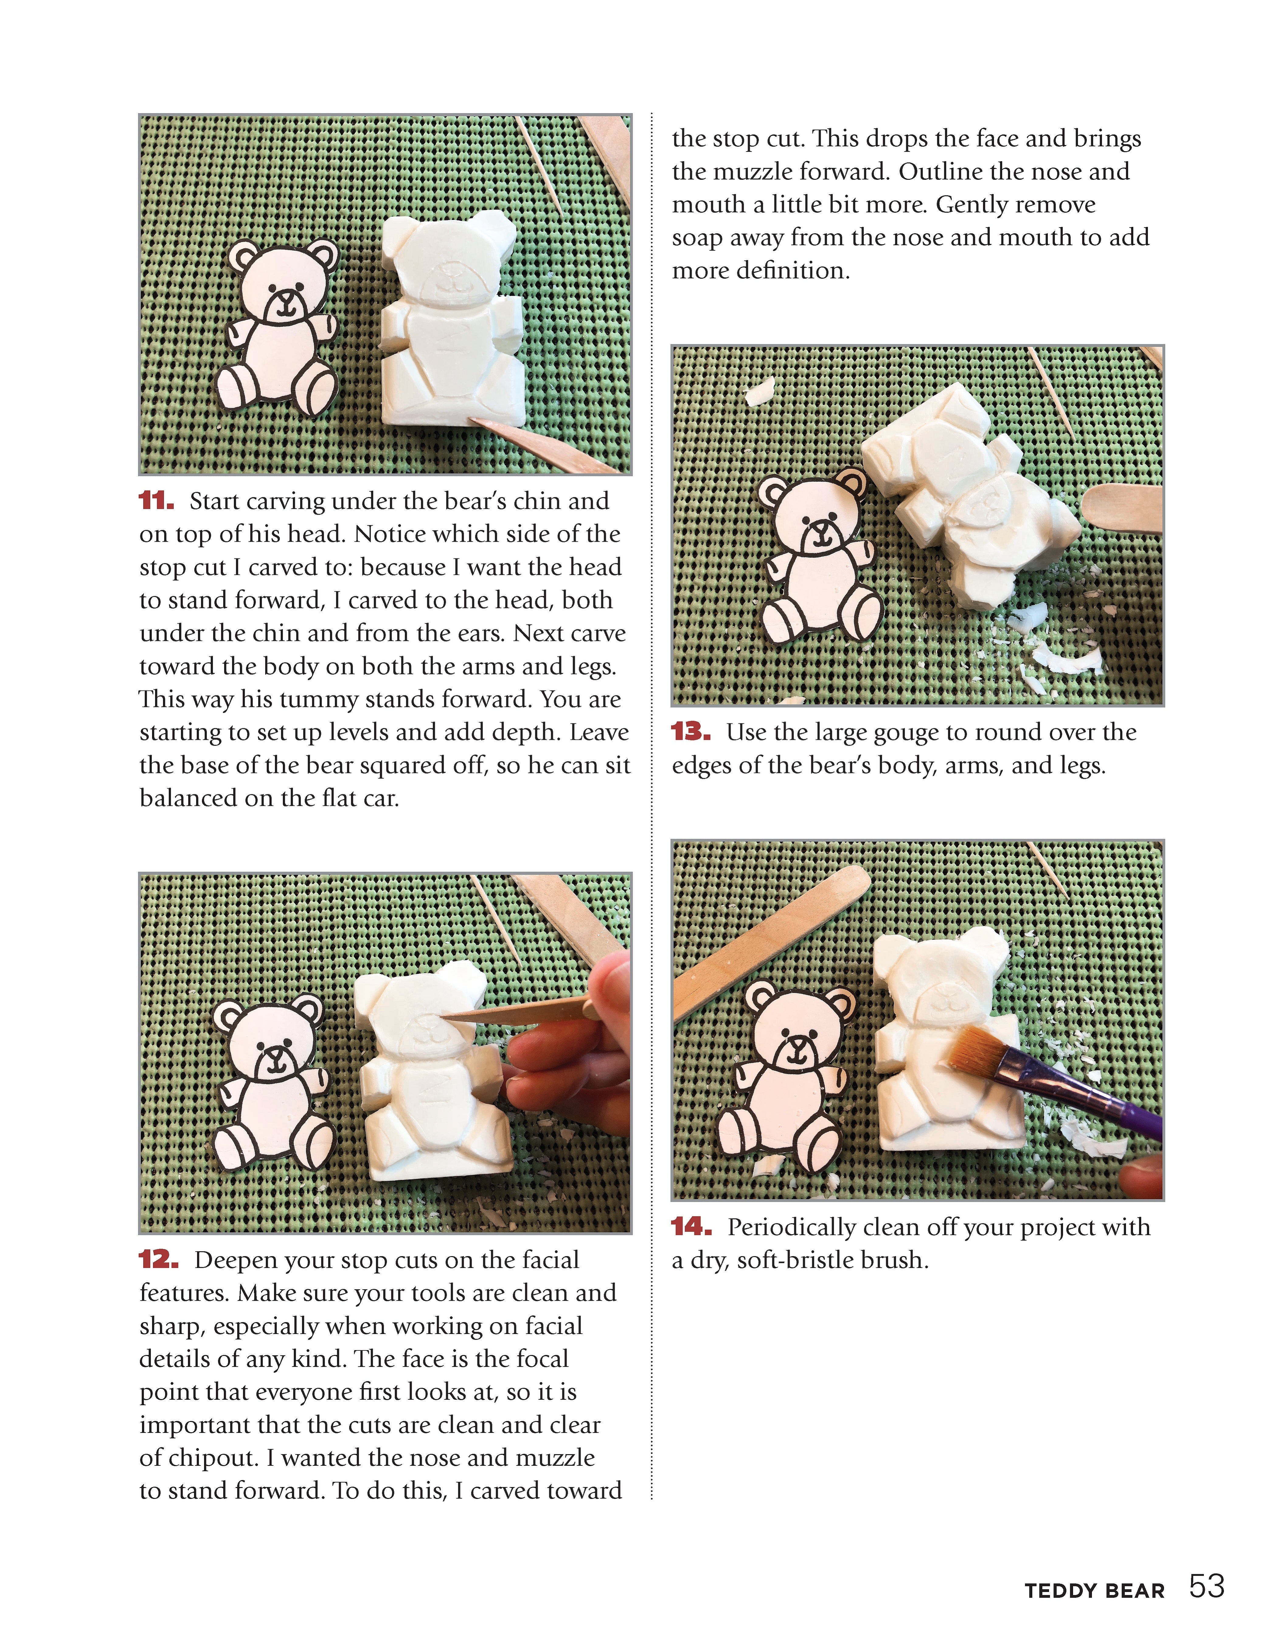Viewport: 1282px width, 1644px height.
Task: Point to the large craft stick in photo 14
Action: pos(768,941)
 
